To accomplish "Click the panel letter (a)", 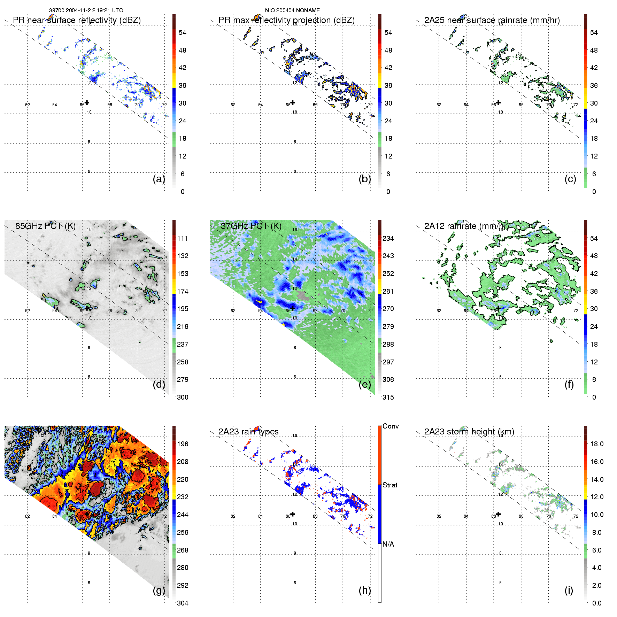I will [x=159, y=179].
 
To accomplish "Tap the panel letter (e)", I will [x=364, y=385].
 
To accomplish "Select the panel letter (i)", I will [x=569, y=590].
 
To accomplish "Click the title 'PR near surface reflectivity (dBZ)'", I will [x=77, y=20].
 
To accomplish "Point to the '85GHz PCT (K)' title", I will [x=45, y=226].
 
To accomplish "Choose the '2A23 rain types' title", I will [x=248, y=432].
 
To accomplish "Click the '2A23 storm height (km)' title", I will [x=469, y=432].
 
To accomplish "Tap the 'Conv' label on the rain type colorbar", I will [x=391, y=426].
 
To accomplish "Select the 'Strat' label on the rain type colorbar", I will [x=390, y=485].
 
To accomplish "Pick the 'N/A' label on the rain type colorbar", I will [x=388, y=544].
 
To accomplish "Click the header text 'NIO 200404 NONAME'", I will [x=292, y=10].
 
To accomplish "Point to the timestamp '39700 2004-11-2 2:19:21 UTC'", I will [x=86, y=10].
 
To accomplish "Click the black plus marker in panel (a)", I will [x=87, y=102].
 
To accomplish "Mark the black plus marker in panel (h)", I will [x=293, y=514].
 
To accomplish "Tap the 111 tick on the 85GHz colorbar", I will [x=183, y=238].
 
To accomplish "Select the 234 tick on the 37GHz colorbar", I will [x=388, y=238].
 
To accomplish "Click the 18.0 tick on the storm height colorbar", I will [x=596, y=444].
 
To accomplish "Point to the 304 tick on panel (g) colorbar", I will [x=183, y=603].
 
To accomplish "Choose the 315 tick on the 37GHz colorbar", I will [x=388, y=397].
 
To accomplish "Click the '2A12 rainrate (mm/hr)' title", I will [x=466, y=226].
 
